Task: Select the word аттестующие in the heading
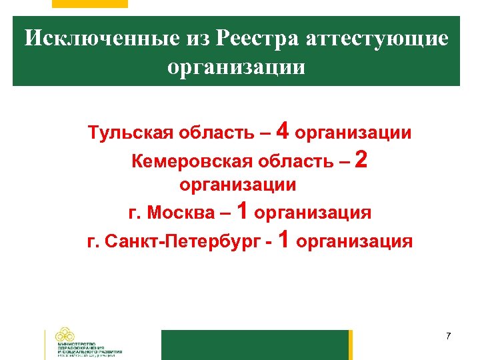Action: [x=377, y=38]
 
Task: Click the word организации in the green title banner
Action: [x=237, y=67]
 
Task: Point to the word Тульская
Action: [x=131, y=133]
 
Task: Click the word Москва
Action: [x=179, y=213]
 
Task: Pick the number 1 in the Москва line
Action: [x=243, y=211]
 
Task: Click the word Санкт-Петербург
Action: [x=183, y=241]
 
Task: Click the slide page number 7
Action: [x=449, y=335]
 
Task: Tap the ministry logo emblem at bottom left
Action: [x=65, y=335]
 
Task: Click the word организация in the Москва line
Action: [x=313, y=213]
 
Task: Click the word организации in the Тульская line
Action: [x=353, y=133]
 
